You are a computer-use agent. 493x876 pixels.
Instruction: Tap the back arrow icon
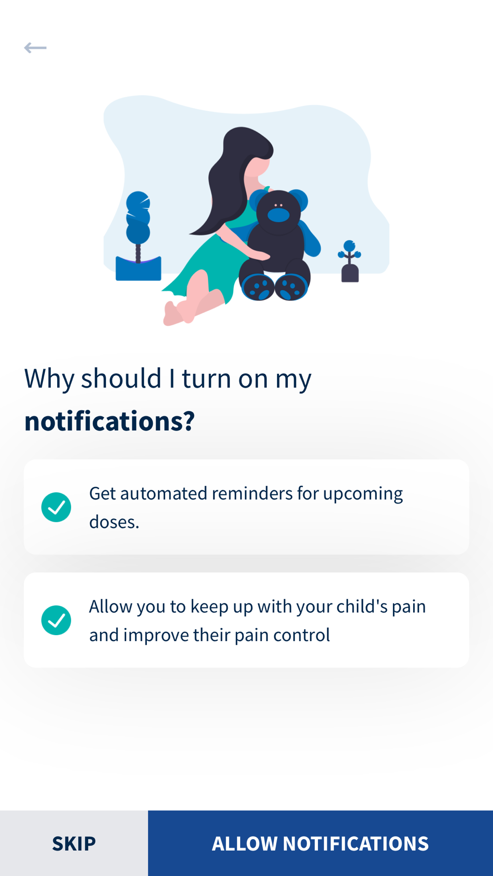click(35, 48)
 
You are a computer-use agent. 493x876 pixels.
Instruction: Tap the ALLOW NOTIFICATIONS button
click(320, 843)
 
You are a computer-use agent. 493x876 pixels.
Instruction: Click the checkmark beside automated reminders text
click(56, 507)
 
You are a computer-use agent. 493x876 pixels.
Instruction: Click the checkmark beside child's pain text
click(56, 620)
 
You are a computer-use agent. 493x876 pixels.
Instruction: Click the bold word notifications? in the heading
click(109, 421)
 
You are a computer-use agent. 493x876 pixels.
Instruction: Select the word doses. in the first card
click(114, 522)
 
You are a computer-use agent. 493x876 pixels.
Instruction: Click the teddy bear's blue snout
click(279, 215)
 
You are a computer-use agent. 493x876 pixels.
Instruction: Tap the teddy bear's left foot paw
click(258, 287)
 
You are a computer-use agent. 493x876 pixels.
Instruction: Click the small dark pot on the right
click(350, 273)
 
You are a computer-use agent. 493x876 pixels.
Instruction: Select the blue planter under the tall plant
click(138, 269)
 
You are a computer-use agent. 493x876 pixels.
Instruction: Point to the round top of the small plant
click(350, 245)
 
